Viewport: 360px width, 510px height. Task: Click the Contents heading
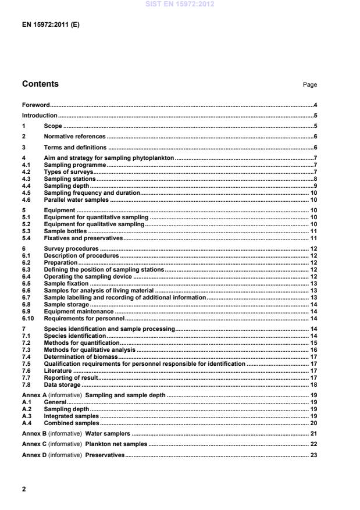40,84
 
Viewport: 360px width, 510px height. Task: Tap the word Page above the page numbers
309,85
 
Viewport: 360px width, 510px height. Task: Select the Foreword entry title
35,105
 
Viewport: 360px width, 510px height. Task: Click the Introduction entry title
39,115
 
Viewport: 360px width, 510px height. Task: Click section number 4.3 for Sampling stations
27,179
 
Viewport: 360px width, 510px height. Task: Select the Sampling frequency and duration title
91,192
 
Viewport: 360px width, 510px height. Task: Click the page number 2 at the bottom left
24,489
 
